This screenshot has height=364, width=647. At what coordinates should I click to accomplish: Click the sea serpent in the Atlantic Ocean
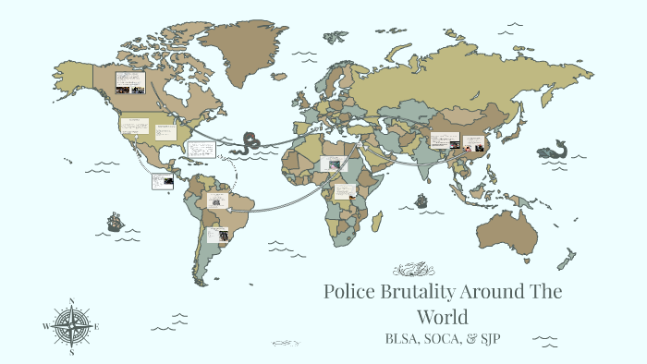coord(250,143)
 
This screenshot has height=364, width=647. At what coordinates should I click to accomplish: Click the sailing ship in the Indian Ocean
coord(421,200)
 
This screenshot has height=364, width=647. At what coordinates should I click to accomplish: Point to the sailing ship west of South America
coord(115,222)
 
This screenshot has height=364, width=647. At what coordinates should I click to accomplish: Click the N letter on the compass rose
coord(71,301)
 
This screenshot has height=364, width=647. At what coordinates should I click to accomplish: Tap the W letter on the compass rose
coord(44,326)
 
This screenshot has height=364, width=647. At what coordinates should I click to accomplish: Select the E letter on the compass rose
coord(98,326)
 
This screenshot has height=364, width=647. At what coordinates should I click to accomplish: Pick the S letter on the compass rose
coord(71,352)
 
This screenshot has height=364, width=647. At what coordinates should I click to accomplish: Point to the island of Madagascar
coord(378,221)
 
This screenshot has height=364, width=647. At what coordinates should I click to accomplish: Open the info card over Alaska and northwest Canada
coord(128,81)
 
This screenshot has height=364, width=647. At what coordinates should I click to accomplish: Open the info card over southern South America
coord(218,235)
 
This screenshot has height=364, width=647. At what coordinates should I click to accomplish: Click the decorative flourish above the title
coord(412,270)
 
